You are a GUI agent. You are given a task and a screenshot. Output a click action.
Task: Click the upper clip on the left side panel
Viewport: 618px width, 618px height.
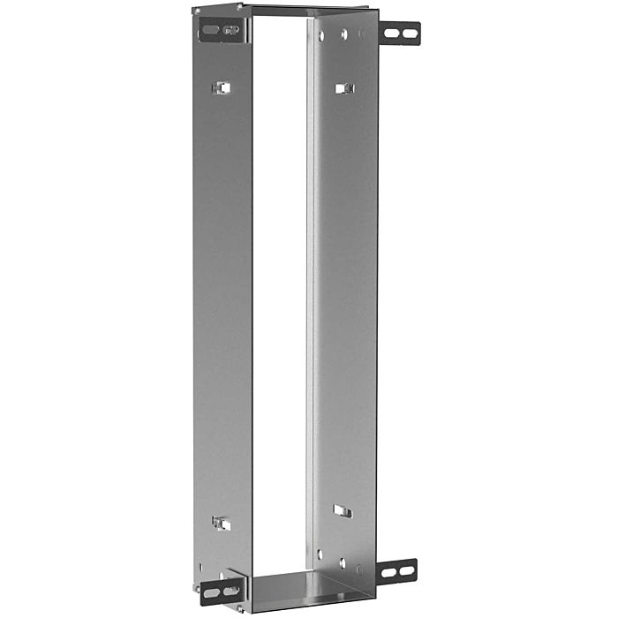coord(222,87)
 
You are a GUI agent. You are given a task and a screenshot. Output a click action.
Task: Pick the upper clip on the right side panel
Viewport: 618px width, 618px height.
coord(345,87)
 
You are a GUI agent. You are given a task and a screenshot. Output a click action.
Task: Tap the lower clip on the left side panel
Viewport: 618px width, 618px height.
coord(222,524)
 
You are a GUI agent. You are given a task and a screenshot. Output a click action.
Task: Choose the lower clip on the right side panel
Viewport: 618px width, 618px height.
coord(343,510)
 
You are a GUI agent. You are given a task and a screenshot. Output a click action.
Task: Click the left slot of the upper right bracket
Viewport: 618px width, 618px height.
coord(393,34)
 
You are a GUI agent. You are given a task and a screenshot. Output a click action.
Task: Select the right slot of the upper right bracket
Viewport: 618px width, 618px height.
coord(410,34)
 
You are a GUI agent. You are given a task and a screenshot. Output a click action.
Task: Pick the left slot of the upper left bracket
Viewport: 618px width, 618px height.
coord(208,31)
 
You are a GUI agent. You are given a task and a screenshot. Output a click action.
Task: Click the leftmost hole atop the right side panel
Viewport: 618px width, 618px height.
coord(321,36)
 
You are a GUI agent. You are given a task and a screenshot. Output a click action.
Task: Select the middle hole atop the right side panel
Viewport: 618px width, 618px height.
coord(342,34)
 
